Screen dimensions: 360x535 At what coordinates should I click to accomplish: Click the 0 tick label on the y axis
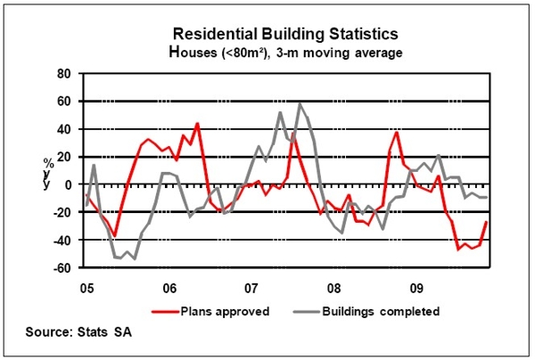point(67,184)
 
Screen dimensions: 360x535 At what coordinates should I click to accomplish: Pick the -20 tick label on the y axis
point(61,212)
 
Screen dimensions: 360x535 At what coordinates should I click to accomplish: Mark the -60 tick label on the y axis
point(61,267)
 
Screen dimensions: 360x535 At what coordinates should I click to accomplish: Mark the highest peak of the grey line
point(299,104)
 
